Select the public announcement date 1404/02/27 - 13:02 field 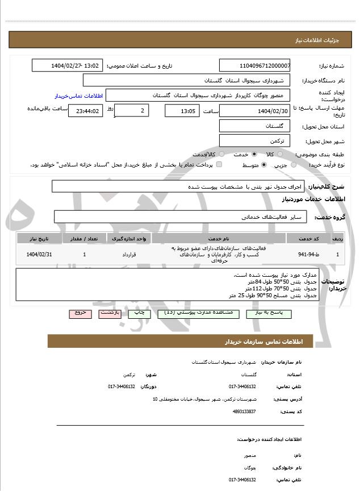click(x=67, y=65)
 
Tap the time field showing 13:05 click(x=182, y=111)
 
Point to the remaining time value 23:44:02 click(x=85, y=111)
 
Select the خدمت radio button click(x=254, y=154)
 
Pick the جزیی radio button click(x=294, y=165)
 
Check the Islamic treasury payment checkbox click(x=219, y=165)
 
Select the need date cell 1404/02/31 click(x=39, y=254)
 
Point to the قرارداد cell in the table click(x=129, y=254)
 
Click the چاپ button click(x=139, y=313)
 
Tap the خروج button click(x=79, y=313)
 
